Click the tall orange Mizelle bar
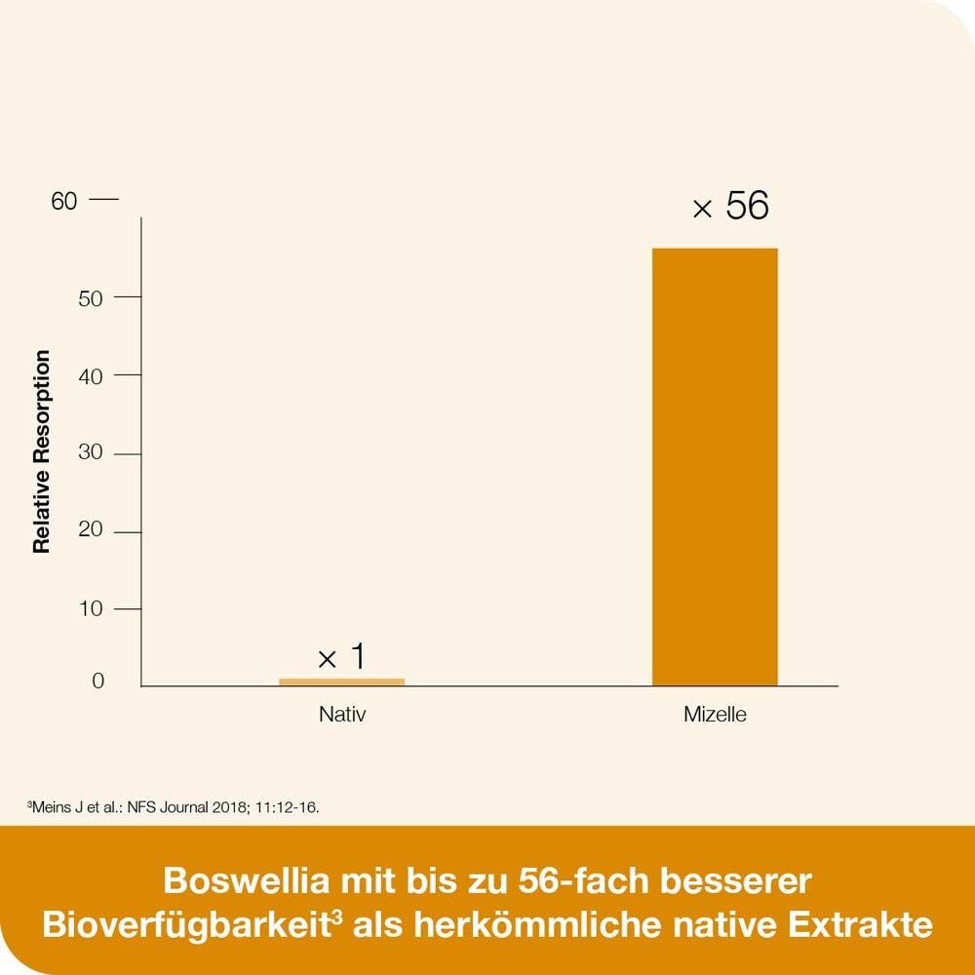pyautogui.click(x=715, y=468)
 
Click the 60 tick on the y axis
pyautogui.click(x=64, y=201)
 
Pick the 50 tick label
pyautogui.click(x=91, y=297)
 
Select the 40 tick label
pyautogui.click(x=91, y=375)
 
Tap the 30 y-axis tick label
pyautogui.click(x=91, y=453)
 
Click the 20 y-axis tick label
pyautogui.click(x=91, y=531)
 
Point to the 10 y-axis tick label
pyautogui.click(x=91, y=609)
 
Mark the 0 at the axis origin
pyautogui.click(x=97, y=682)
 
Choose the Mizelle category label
pyautogui.click(x=715, y=715)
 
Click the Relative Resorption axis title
pyautogui.click(x=42, y=451)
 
